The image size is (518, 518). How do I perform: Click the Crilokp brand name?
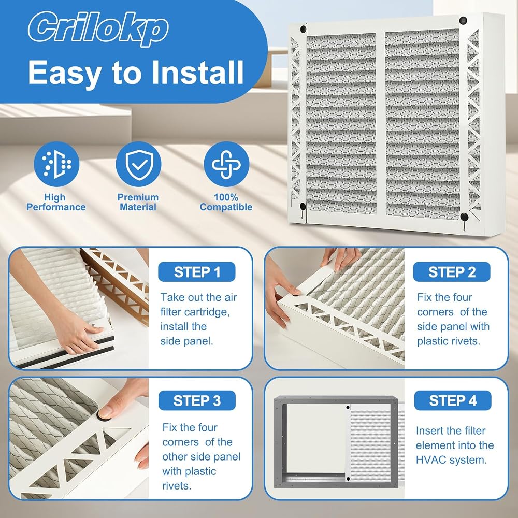[x=98, y=28]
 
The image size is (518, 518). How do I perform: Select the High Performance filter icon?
[x=56, y=164]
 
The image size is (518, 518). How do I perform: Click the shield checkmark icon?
[x=138, y=164]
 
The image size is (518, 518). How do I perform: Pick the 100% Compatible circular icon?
[x=226, y=164]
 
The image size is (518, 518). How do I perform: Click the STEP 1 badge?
[x=196, y=272]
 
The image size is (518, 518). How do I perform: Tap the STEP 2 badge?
[x=452, y=272]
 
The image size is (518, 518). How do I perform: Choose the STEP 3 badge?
[x=197, y=400]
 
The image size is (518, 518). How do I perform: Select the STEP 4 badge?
[x=453, y=400]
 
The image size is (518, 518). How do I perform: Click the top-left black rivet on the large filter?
[x=303, y=29]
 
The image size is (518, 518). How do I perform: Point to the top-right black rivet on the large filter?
[x=463, y=20]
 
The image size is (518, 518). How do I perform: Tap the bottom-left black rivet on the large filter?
[x=303, y=207]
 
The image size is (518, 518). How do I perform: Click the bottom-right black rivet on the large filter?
[x=464, y=217]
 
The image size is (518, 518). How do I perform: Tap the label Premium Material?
[x=138, y=202]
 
